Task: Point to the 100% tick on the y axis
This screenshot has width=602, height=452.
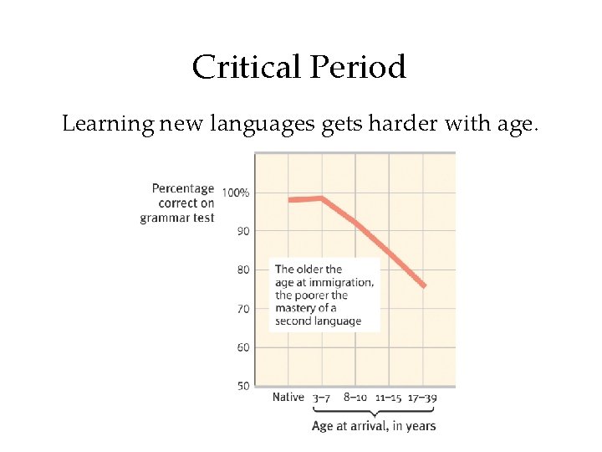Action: coord(235,193)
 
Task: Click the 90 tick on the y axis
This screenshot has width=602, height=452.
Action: coord(242,230)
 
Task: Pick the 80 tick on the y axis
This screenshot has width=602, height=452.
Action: coord(242,270)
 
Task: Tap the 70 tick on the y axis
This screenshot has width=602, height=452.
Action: coord(242,309)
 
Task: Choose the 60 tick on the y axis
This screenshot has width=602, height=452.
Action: coord(242,347)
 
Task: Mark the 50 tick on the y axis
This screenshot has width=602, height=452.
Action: coord(242,386)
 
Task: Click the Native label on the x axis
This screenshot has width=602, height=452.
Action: coord(288,398)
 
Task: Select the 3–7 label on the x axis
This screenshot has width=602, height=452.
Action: coord(322,398)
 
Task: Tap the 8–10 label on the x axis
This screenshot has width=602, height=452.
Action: coord(355,398)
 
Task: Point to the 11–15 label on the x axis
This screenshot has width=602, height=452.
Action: coord(389,398)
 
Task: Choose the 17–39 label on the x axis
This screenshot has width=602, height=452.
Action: coord(423,398)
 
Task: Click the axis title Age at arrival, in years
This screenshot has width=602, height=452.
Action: coord(373,425)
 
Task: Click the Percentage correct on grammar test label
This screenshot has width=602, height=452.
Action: coord(177,203)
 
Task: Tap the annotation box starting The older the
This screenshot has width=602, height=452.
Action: coord(324,294)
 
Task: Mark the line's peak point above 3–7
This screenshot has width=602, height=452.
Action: coord(322,198)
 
